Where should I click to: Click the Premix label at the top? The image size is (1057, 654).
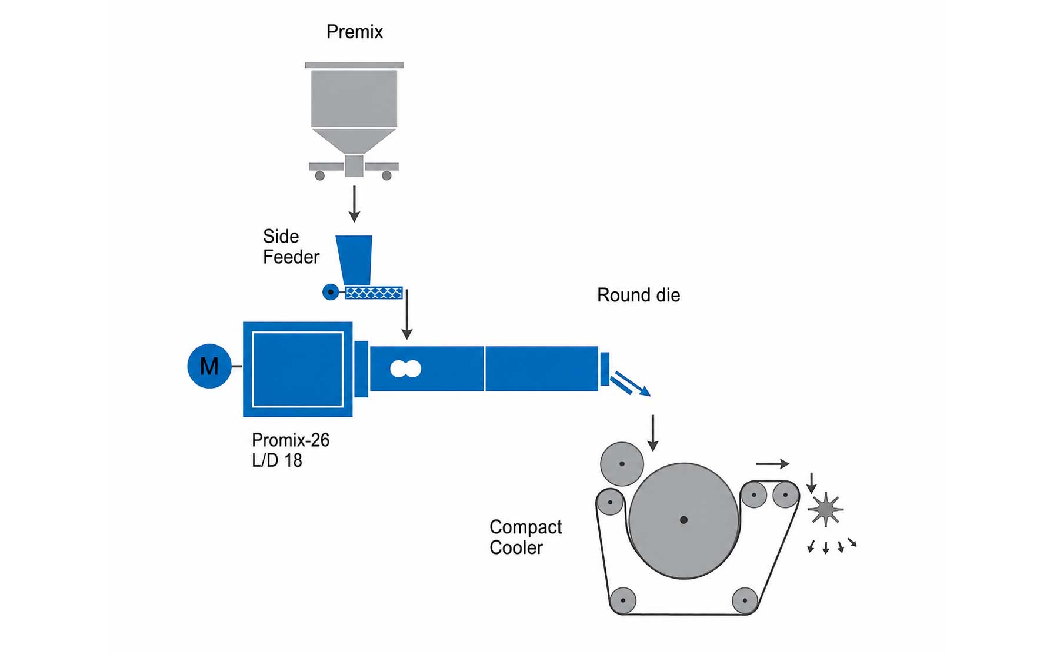click(354, 32)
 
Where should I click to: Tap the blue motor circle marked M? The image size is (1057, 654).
click(209, 366)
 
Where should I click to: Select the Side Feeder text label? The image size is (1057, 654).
click(291, 247)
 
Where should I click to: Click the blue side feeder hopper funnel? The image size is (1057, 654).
click(354, 260)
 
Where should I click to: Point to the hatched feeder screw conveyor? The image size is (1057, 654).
click(374, 293)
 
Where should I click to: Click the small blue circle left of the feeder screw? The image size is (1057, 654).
click(331, 292)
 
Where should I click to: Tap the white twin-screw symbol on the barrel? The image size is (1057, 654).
click(406, 369)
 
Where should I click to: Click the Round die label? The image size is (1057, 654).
click(638, 295)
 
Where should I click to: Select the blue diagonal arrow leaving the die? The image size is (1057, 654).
click(630, 384)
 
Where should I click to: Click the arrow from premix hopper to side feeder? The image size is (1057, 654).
click(354, 204)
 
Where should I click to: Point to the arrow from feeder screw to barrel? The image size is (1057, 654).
click(406, 314)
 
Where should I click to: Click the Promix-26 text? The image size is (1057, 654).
click(291, 440)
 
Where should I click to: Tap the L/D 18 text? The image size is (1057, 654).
click(276, 460)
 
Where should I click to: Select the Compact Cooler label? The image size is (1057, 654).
click(525, 537)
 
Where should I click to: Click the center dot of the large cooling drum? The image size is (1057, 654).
click(683, 520)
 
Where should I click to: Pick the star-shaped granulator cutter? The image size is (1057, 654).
click(826, 509)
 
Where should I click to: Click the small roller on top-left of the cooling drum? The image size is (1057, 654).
click(622, 464)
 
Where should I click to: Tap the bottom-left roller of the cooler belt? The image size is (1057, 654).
click(623, 600)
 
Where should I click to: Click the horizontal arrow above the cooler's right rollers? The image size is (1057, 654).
click(772, 464)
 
